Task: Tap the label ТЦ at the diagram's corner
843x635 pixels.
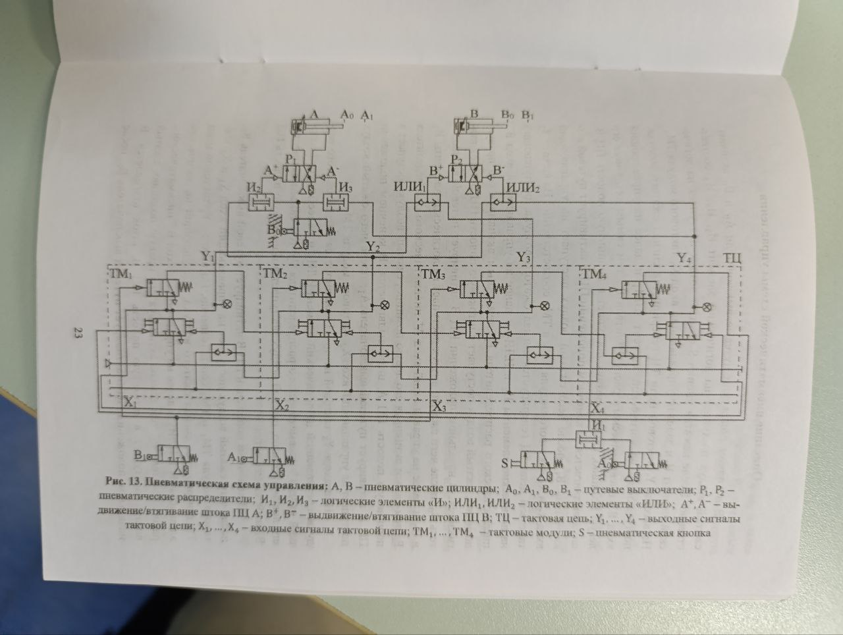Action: point(732,258)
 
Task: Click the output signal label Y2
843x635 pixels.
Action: point(373,247)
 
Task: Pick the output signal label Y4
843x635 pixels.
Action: point(684,258)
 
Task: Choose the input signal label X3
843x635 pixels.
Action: point(439,406)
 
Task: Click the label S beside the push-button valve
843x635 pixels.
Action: point(505,463)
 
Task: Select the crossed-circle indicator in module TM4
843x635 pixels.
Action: point(707,306)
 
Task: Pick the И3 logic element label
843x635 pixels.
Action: point(345,188)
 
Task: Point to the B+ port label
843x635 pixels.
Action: point(435,171)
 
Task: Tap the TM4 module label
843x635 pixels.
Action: point(595,275)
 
